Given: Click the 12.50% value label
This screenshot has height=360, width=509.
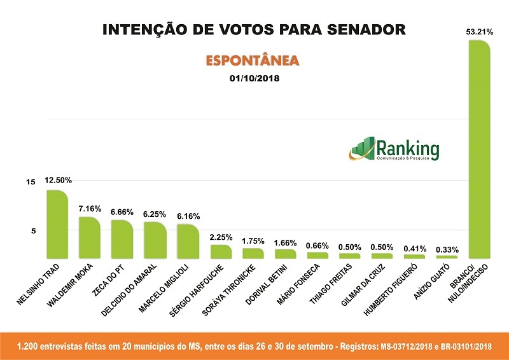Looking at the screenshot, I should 58,180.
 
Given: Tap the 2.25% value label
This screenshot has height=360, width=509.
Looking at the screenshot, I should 221,237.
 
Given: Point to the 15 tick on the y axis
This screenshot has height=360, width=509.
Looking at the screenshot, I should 30,183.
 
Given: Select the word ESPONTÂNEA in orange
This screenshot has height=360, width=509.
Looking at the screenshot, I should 252,61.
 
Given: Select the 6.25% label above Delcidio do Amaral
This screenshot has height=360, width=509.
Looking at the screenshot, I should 155,214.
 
